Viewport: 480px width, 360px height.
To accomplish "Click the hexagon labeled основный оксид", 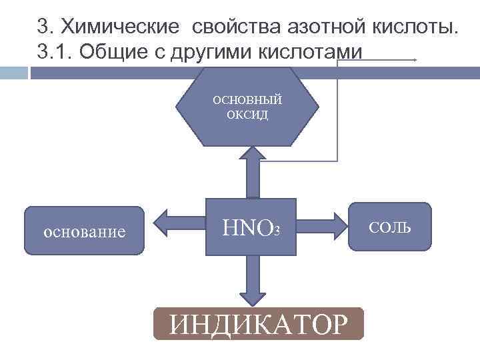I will tap(247, 107).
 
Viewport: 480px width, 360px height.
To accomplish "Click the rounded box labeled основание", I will tap(84, 231).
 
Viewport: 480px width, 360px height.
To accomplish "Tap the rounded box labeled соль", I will tap(390, 227).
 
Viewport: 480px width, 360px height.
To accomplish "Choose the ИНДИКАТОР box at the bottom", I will tap(259, 324).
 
